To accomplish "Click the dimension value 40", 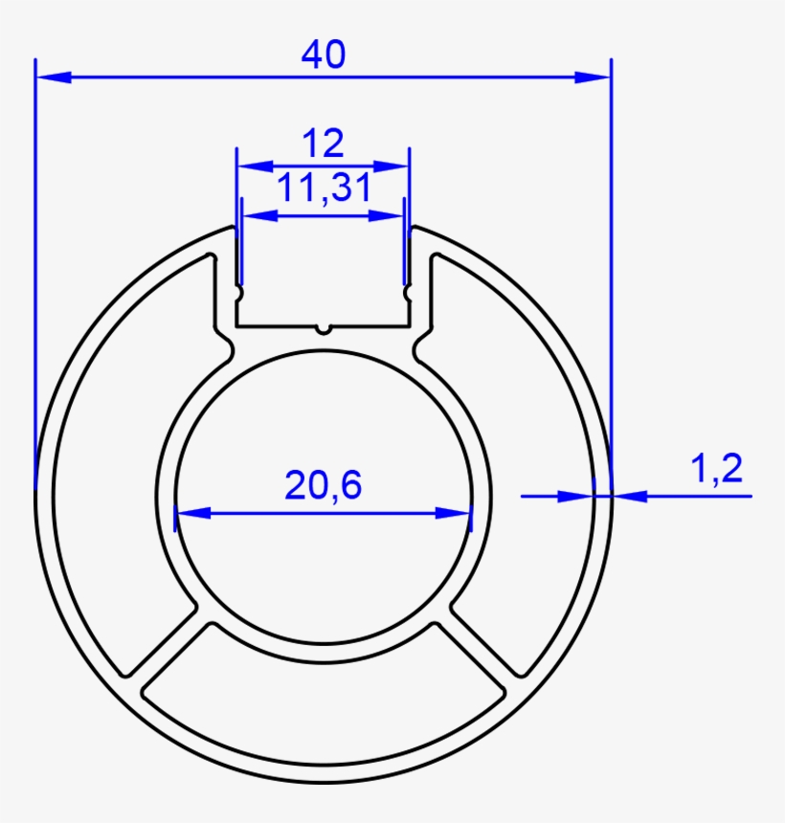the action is [324, 54].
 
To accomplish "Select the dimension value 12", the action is [324, 143].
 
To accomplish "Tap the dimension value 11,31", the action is [324, 188].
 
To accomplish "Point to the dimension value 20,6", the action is [323, 484].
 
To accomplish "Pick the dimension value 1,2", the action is [716, 468].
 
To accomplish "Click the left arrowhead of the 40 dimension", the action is [54, 78].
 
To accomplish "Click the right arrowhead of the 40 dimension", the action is [593, 78].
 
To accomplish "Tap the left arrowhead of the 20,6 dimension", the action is [193, 513].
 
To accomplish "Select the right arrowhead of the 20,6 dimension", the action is [454, 513].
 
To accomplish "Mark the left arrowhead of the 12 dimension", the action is [256, 167].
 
